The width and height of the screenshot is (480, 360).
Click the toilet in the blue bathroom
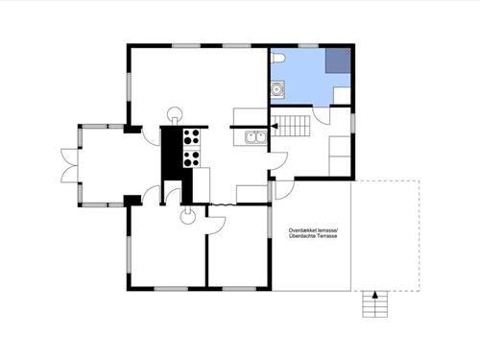(x=277, y=58)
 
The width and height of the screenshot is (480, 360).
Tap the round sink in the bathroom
(x=276, y=90)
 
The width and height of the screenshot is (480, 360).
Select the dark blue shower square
(x=338, y=60)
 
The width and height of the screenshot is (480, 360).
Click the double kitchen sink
(x=256, y=137)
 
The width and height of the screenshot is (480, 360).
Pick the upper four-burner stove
(x=191, y=136)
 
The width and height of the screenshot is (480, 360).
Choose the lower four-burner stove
(x=191, y=158)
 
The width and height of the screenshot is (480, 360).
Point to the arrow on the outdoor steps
(x=375, y=295)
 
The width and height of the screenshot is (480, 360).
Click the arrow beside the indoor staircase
(x=274, y=126)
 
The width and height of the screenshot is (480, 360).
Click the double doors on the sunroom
(x=69, y=165)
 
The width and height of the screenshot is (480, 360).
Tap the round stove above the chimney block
(x=175, y=113)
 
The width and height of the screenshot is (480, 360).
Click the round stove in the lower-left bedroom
(x=188, y=217)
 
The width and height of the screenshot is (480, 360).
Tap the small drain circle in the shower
(x=348, y=51)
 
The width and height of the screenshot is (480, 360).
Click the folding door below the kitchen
(x=224, y=204)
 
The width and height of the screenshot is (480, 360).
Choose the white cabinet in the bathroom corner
(x=342, y=95)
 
